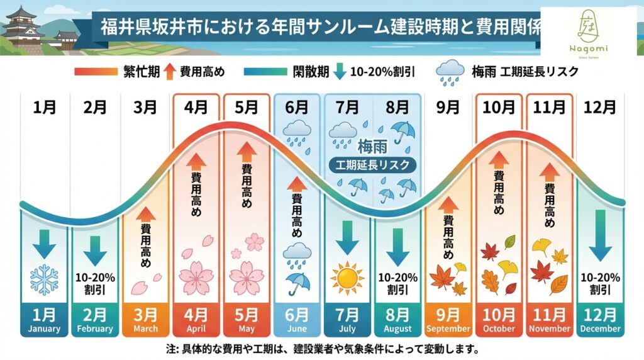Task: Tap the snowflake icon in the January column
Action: pos(44,279)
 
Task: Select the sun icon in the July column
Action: pos(347,278)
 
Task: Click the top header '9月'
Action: pos(448,108)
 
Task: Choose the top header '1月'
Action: pos(44,108)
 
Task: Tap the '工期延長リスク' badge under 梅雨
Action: pos(374,166)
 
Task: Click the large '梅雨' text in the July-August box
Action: pos(374,147)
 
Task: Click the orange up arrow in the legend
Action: pos(169,71)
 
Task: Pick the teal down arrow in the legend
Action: pos(340,71)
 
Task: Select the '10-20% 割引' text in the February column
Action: pos(95,283)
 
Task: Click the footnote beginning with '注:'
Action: pos(322,349)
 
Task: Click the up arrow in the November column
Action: pos(549,171)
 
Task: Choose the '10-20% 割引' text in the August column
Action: pos(397,283)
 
